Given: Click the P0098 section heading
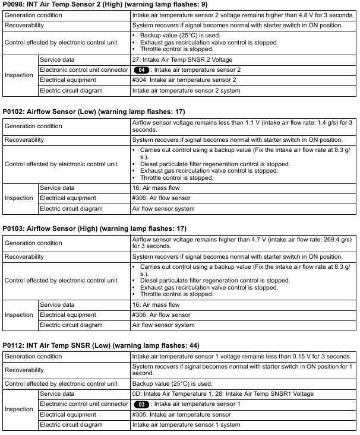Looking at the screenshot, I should [x=105, y=4].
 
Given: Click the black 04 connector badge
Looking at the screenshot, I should [x=142, y=70].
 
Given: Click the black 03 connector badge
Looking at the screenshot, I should [x=142, y=404].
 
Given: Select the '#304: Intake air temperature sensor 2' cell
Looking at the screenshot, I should [x=184, y=80].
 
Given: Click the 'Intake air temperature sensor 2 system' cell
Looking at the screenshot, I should [x=186, y=91].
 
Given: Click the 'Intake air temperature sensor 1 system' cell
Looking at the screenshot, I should [x=186, y=425].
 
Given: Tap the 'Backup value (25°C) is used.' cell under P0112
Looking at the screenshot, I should [x=172, y=384].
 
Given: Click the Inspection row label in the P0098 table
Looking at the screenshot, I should [x=19, y=75].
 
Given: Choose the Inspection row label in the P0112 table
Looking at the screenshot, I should [x=19, y=409].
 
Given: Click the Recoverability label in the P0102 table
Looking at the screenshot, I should [x=24, y=140].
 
